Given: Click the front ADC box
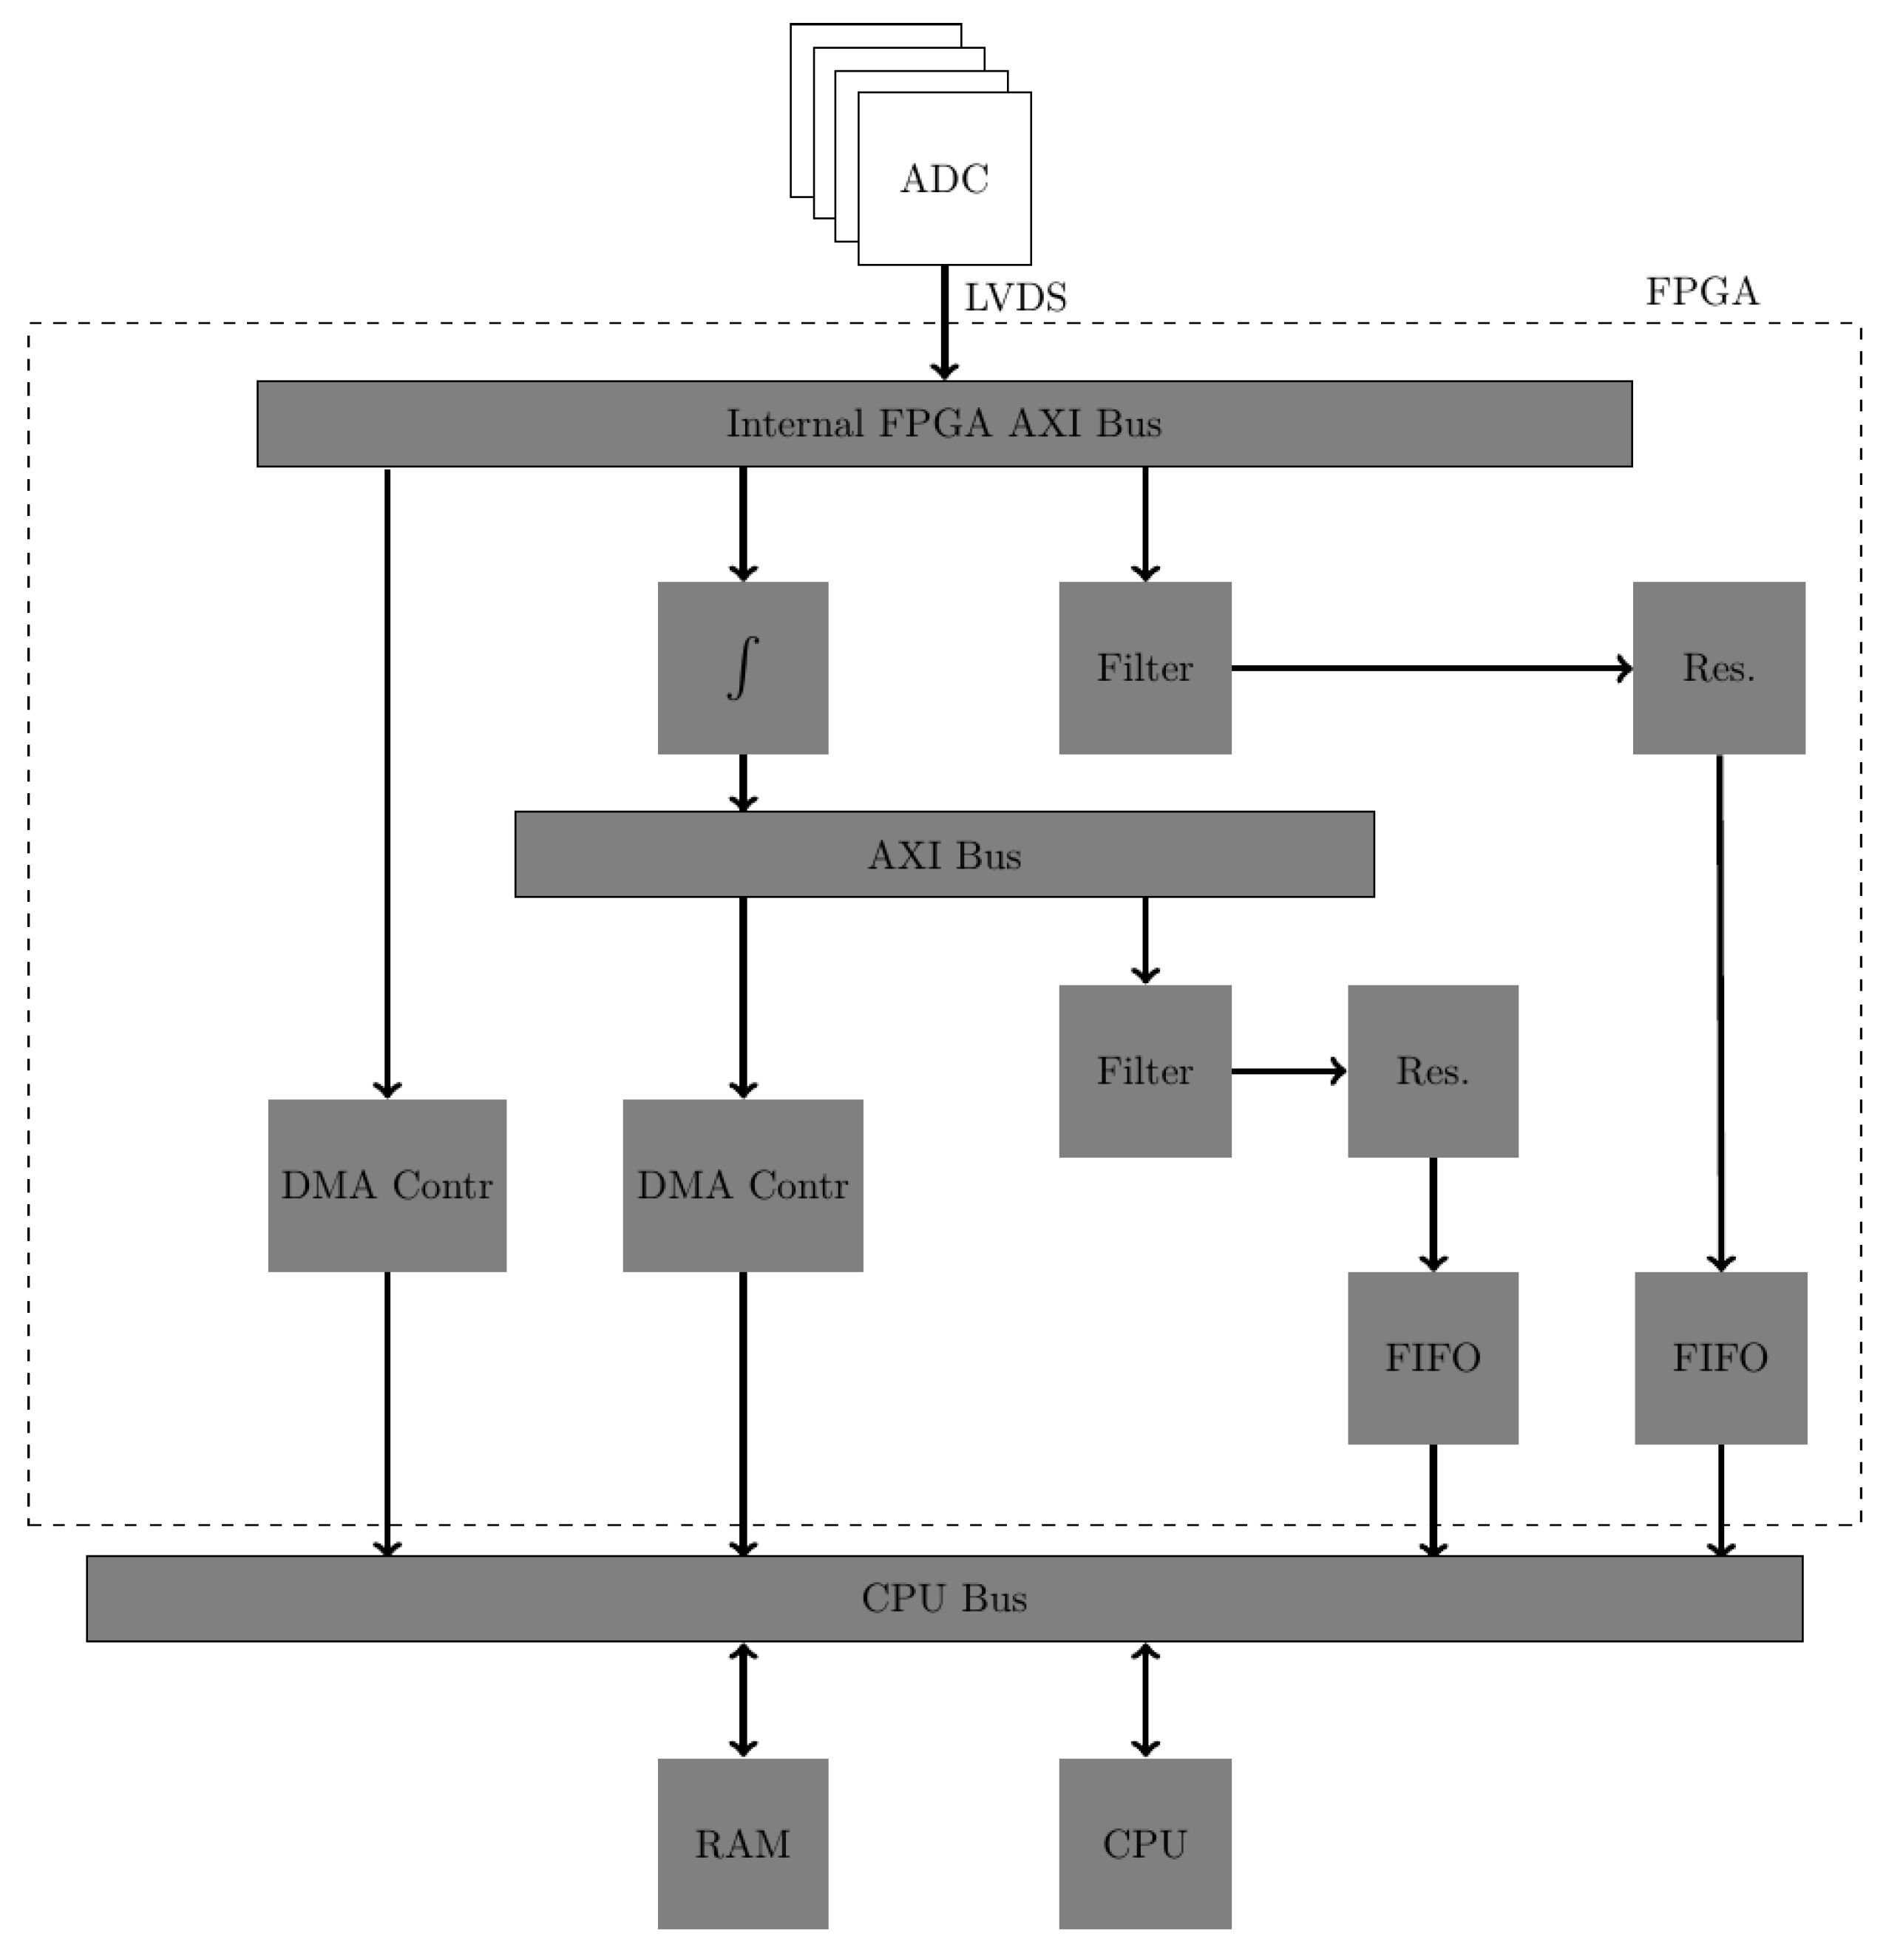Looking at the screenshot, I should coord(944,179).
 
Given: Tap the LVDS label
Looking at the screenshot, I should coord(1015,297).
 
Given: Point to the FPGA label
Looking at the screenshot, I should coord(1701,291).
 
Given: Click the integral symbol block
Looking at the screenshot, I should coord(742,668).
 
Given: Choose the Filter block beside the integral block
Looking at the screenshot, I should coord(1144,668).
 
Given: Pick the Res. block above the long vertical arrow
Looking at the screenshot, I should coord(1718,668).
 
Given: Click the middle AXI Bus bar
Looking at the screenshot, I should coord(944,855).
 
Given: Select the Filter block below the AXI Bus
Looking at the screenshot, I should coord(1144,1071).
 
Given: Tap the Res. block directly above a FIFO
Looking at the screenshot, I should coord(1432,1071).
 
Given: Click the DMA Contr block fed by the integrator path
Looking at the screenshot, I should coord(742,1186).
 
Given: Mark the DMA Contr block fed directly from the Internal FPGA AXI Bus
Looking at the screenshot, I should coord(387,1186).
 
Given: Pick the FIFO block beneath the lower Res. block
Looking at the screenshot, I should coord(1432,1357).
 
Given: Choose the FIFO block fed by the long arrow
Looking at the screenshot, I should coord(1720,1357).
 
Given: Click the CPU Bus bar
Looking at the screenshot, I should coord(944,1597).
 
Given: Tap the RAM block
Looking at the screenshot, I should coord(742,1843).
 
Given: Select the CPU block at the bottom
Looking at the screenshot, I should coord(1144,1843).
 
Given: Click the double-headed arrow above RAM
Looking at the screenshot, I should coord(742,1699).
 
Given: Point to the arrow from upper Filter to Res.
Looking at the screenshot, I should coord(1431,668).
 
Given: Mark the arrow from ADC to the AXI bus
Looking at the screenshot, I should coord(944,325).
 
